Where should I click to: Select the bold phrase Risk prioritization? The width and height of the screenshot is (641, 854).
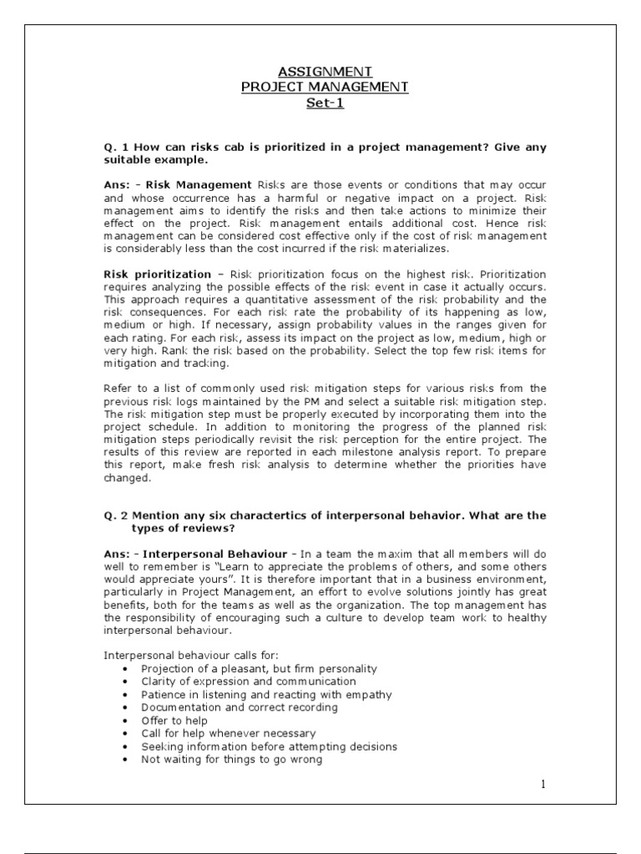[x=157, y=274]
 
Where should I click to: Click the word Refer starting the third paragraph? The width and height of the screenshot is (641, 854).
[x=119, y=388]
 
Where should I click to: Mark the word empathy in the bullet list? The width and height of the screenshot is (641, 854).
[x=370, y=694]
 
